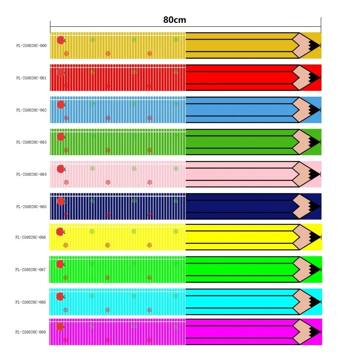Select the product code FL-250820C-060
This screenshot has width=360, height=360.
31,46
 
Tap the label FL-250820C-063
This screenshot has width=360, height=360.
31,142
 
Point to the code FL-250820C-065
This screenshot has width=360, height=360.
31,207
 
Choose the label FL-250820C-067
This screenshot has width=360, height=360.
31,270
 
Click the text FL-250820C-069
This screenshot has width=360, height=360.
31,332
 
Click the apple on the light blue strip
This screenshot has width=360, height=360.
61,105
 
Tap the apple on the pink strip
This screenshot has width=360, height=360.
61,169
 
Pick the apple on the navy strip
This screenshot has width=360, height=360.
61,201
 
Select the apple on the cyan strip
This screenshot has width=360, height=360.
60,296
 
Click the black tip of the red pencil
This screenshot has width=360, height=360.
314,78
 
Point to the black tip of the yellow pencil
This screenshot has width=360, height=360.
314,237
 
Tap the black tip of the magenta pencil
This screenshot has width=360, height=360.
314,332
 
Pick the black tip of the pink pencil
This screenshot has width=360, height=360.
314,174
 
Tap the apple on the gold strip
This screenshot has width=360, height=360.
61,40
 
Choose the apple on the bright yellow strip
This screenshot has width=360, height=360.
60,232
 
